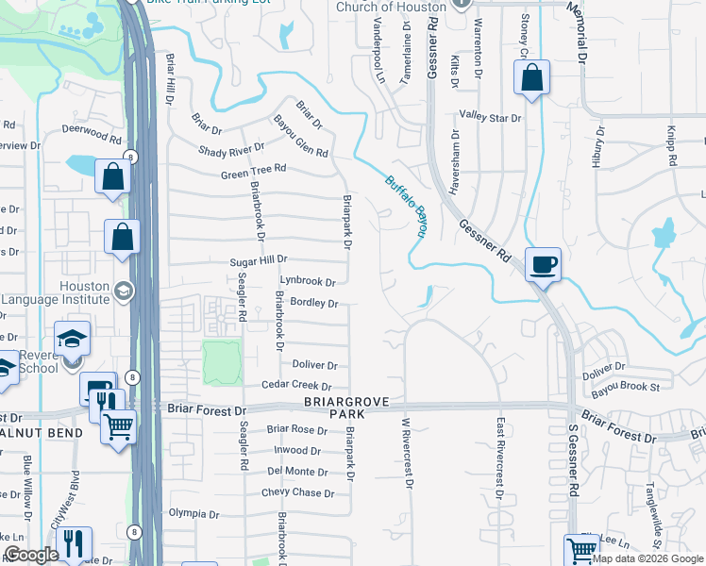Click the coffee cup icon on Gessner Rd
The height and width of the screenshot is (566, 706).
pyautogui.click(x=543, y=264)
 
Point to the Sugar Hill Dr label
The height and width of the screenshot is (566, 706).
pyautogui.click(x=259, y=260)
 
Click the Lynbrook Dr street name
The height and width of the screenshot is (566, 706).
pyautogui.click(x=308, y=281)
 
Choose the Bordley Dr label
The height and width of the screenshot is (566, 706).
pyautogui.click(x=314, y=304)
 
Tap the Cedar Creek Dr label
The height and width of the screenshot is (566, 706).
pyautogui.click(x=297, y=386)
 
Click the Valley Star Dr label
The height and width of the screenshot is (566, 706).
pyautogui.click(x=490, y=118)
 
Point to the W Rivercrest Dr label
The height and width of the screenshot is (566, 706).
pyautogui.click(x=408, y=453)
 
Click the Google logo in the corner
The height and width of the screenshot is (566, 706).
pyautogui.click(x=31, y=554)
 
